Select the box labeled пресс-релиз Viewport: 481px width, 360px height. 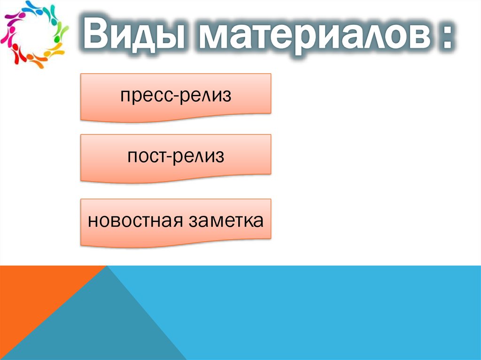[x=176, y=96]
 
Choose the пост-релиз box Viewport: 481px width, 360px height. [x=176, y=157]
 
